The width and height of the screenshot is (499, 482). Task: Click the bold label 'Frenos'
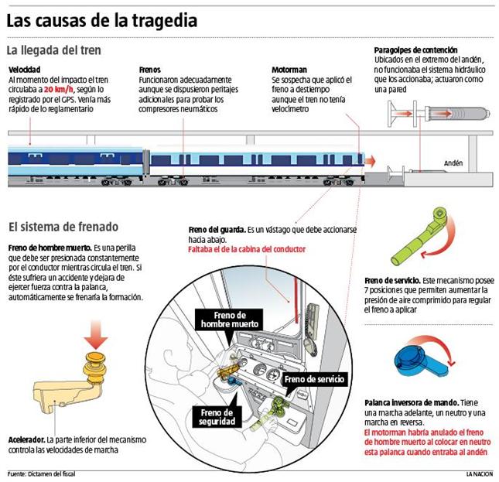(x=150, y=70)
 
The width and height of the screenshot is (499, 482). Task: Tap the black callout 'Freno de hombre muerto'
(x=227, y=320)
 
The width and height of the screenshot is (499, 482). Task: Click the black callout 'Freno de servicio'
(x=314, y=380)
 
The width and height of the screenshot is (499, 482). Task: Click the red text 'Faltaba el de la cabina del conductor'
(x=247, y=249)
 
